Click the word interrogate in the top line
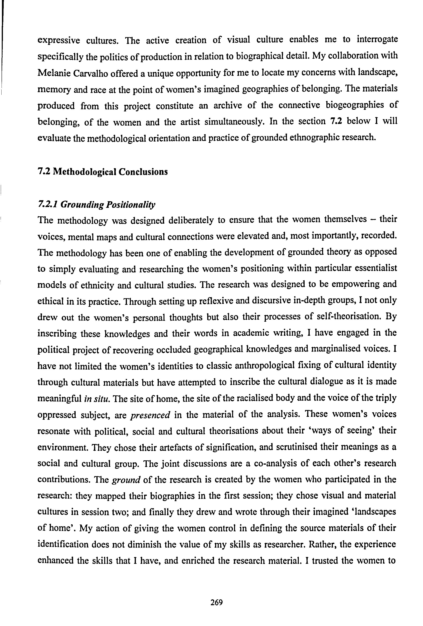[x=377, y=40]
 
